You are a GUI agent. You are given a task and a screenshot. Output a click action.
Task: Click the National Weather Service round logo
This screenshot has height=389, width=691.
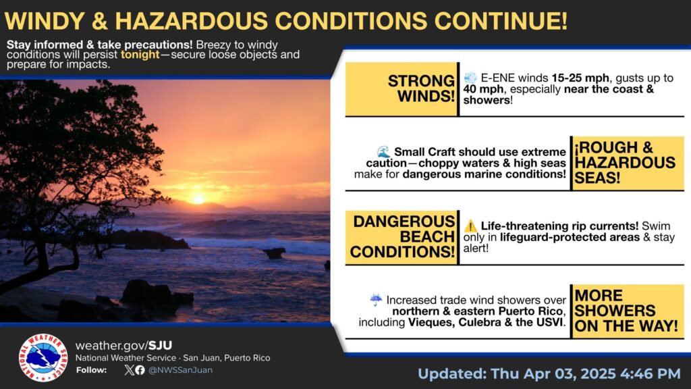43,357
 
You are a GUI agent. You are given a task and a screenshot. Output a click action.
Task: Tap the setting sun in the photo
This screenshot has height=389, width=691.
198,200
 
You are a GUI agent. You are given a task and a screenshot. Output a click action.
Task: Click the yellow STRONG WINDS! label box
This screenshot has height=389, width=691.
402,89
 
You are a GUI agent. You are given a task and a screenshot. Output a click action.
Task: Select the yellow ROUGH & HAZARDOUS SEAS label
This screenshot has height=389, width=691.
628,163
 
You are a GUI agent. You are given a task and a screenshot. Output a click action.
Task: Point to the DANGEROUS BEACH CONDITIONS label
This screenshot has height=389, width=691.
402,237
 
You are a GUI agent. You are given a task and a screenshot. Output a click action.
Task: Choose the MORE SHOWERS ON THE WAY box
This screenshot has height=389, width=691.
628,311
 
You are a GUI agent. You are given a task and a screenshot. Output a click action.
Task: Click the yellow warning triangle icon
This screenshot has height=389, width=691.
470,226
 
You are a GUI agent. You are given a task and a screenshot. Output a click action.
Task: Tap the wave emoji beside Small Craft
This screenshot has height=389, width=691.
383,152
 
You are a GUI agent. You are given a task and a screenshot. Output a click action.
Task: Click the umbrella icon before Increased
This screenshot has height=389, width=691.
376,300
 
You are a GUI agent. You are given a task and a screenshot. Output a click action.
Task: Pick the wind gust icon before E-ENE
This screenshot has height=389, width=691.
470,78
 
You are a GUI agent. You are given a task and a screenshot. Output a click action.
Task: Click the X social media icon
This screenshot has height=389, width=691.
129,370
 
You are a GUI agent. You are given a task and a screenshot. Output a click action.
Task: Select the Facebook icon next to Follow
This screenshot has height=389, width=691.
140,370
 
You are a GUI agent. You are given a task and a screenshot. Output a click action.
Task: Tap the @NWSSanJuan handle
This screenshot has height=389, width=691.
180,370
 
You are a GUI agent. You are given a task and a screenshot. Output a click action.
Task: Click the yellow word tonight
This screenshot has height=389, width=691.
140,55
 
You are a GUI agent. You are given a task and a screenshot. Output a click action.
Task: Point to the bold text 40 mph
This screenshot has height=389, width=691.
483,89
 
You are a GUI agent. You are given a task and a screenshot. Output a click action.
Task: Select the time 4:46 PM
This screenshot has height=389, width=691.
650,373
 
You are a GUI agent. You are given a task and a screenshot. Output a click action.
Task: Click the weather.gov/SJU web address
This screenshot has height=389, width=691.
124,345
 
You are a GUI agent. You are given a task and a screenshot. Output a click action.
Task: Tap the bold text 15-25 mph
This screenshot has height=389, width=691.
580,78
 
